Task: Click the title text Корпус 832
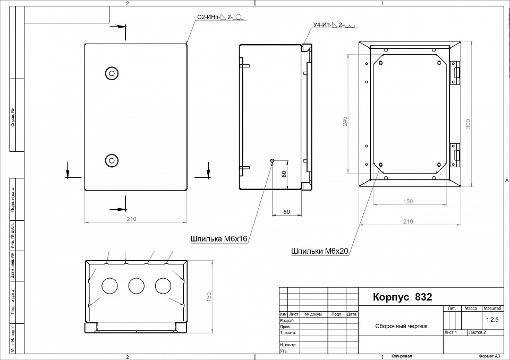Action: coord(403,297)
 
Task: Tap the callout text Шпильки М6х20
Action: coord(319,251)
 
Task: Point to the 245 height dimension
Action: coord(344,121)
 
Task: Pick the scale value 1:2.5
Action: coord(492,320)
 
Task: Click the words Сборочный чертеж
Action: coord(401,327)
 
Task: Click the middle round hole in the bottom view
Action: coord(137,286)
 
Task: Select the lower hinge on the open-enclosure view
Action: coord(455,154)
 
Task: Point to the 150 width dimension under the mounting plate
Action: coord(408,201)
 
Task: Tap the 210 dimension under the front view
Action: coord(131,219)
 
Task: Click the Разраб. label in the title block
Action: coord(287,321)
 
